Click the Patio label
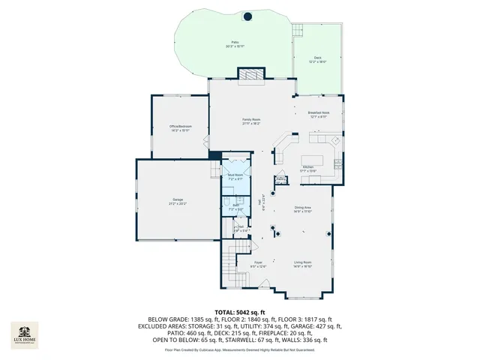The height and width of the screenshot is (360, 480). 235,44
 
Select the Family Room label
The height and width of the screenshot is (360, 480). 250,121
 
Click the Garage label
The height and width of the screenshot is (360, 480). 178,200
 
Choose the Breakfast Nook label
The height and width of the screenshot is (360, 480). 318,115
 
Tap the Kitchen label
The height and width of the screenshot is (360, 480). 308,169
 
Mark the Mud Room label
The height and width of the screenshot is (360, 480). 235,176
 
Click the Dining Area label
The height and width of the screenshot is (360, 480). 302,209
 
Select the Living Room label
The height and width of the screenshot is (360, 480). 302,263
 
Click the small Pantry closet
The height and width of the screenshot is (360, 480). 280,179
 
